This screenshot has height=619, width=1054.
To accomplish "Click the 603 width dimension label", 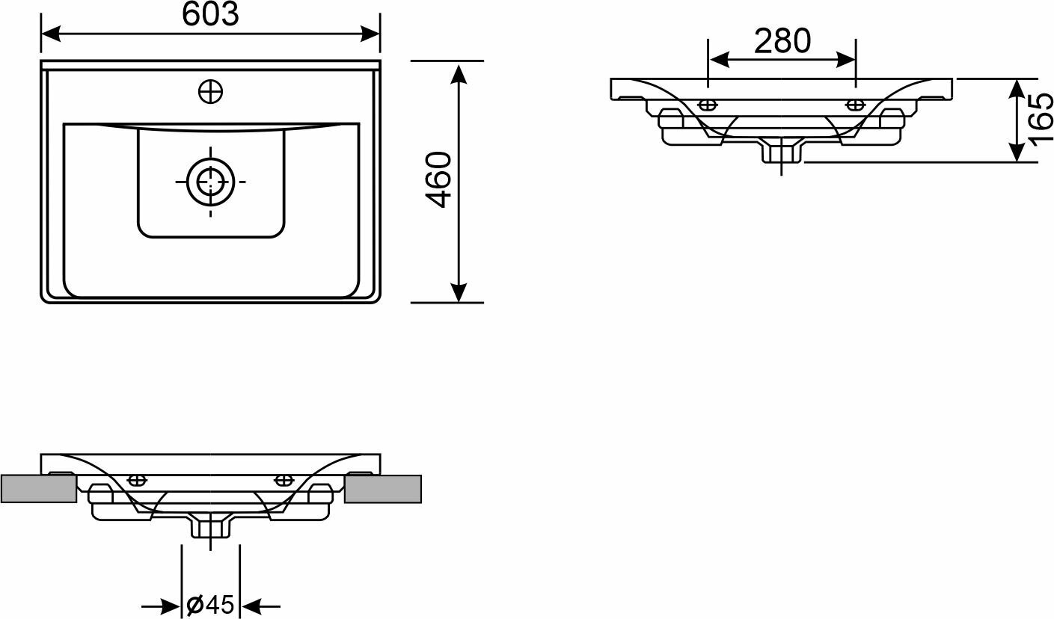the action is pos(210,14).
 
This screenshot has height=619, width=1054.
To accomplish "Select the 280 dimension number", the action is pos(782,41).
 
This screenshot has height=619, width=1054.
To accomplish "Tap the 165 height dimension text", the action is pos(1041,120).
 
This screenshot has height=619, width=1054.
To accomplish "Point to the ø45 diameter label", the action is pos(210,605).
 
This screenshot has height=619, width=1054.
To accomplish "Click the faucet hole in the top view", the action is pos(211,92).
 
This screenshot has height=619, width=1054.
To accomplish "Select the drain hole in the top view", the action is pos(210,181).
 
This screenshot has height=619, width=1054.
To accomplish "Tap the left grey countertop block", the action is pos(38,488).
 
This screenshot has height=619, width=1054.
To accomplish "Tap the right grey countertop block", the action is pos(383,488).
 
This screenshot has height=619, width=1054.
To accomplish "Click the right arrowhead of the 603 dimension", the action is pos(371,34).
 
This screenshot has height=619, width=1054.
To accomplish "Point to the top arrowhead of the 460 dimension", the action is pos(459,72).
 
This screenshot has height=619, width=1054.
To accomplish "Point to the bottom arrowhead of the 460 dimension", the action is pos(459,292).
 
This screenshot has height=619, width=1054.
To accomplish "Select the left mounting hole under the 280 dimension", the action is pos(708,103).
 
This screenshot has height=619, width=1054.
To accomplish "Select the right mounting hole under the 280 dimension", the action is pos(855,103).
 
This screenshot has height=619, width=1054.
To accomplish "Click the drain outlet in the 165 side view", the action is pos(782,152).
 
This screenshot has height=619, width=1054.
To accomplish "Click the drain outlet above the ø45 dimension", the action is pos(211,527).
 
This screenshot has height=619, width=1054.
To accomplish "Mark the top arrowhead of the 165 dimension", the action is pos(1017,88).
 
